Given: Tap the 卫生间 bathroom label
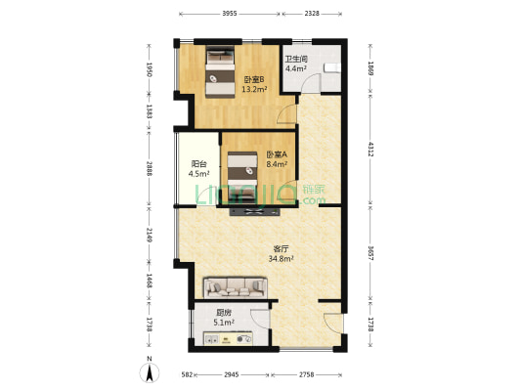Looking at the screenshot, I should (x=296, y=60).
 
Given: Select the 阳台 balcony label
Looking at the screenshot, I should (x=199, y=164).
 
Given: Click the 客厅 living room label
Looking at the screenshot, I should (x=281, y=248).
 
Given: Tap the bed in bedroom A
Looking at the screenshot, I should (x=241, y=167).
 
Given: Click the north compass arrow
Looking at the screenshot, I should (x=148, y=370).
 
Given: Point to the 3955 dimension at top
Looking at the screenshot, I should (x=230, y=14).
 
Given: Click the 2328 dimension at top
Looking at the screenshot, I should (x=311, y=14).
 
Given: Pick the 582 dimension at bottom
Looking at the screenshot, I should (x=185, y=374).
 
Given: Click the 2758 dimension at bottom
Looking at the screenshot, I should (x=307, y=374).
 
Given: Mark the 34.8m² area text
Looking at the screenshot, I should (x=282, y=259).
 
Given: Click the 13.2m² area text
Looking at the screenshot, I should (x=254, y=90).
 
